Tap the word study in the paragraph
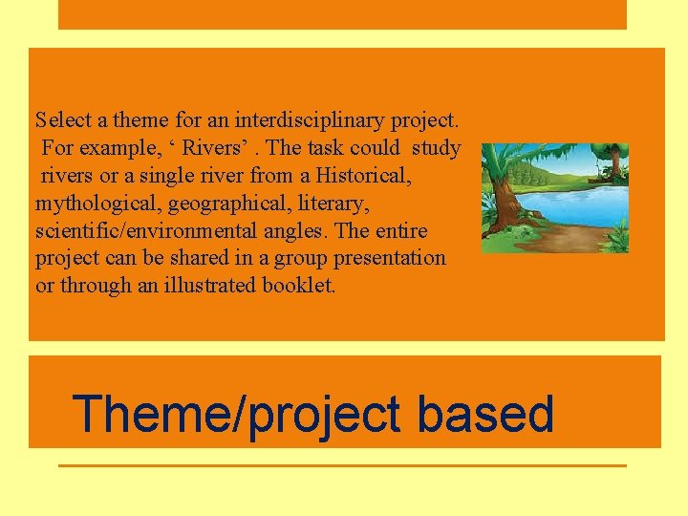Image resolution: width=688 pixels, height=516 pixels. (x=436, y=148)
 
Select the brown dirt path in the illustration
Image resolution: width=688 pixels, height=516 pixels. (x=583, y=239)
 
